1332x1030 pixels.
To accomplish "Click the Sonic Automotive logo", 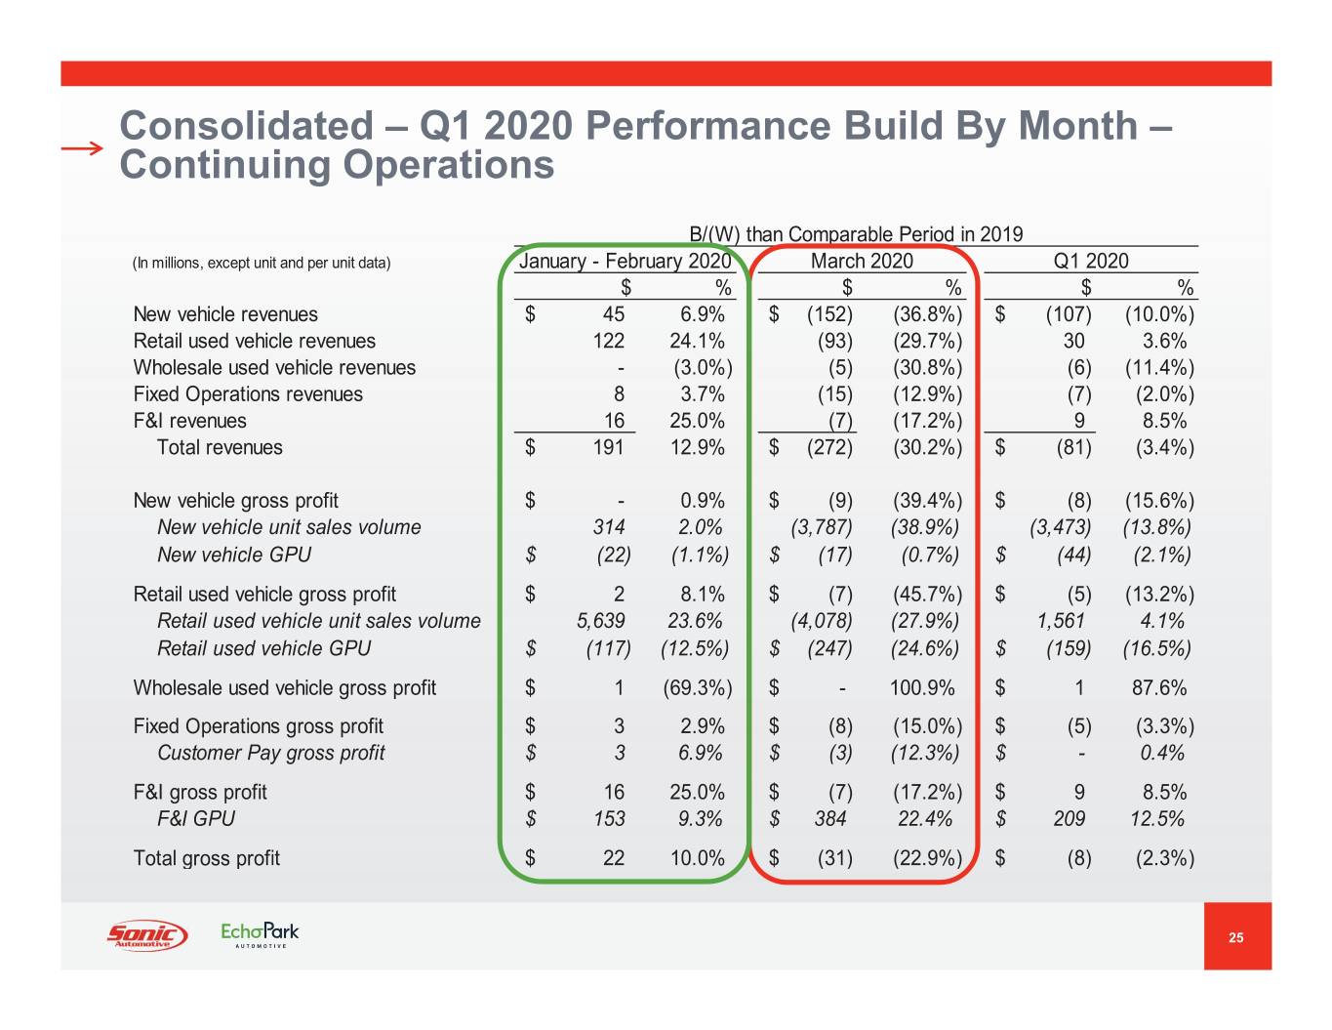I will (146, 935).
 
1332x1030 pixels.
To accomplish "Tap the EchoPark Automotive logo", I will (260, 934).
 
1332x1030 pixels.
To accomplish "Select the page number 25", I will (1236, 937).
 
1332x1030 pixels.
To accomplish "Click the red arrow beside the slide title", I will (81, 148).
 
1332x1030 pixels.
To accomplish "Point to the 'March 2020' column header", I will (862, 262).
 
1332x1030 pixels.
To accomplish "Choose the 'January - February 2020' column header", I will (625, 262).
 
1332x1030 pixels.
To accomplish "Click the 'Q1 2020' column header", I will (1090, 262).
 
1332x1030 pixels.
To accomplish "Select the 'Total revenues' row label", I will (220, 448).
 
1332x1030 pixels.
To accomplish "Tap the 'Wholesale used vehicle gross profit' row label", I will (285, 688).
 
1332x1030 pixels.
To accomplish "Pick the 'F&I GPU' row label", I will (196, 819).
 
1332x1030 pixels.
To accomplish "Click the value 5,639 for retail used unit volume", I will (600, 622).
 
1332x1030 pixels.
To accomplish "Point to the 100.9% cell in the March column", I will (922, 688).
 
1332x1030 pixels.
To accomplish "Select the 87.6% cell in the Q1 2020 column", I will (1159, 688).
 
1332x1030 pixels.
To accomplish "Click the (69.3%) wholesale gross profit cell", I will (697, 688).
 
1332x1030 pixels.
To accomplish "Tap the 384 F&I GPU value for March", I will (830, 819).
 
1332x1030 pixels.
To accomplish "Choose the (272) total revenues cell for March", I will (829, 448).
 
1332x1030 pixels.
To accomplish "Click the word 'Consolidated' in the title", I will (246, 126).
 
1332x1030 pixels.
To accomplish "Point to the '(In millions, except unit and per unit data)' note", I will (262, 264).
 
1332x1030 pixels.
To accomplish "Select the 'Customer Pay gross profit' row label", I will (271, 754).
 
